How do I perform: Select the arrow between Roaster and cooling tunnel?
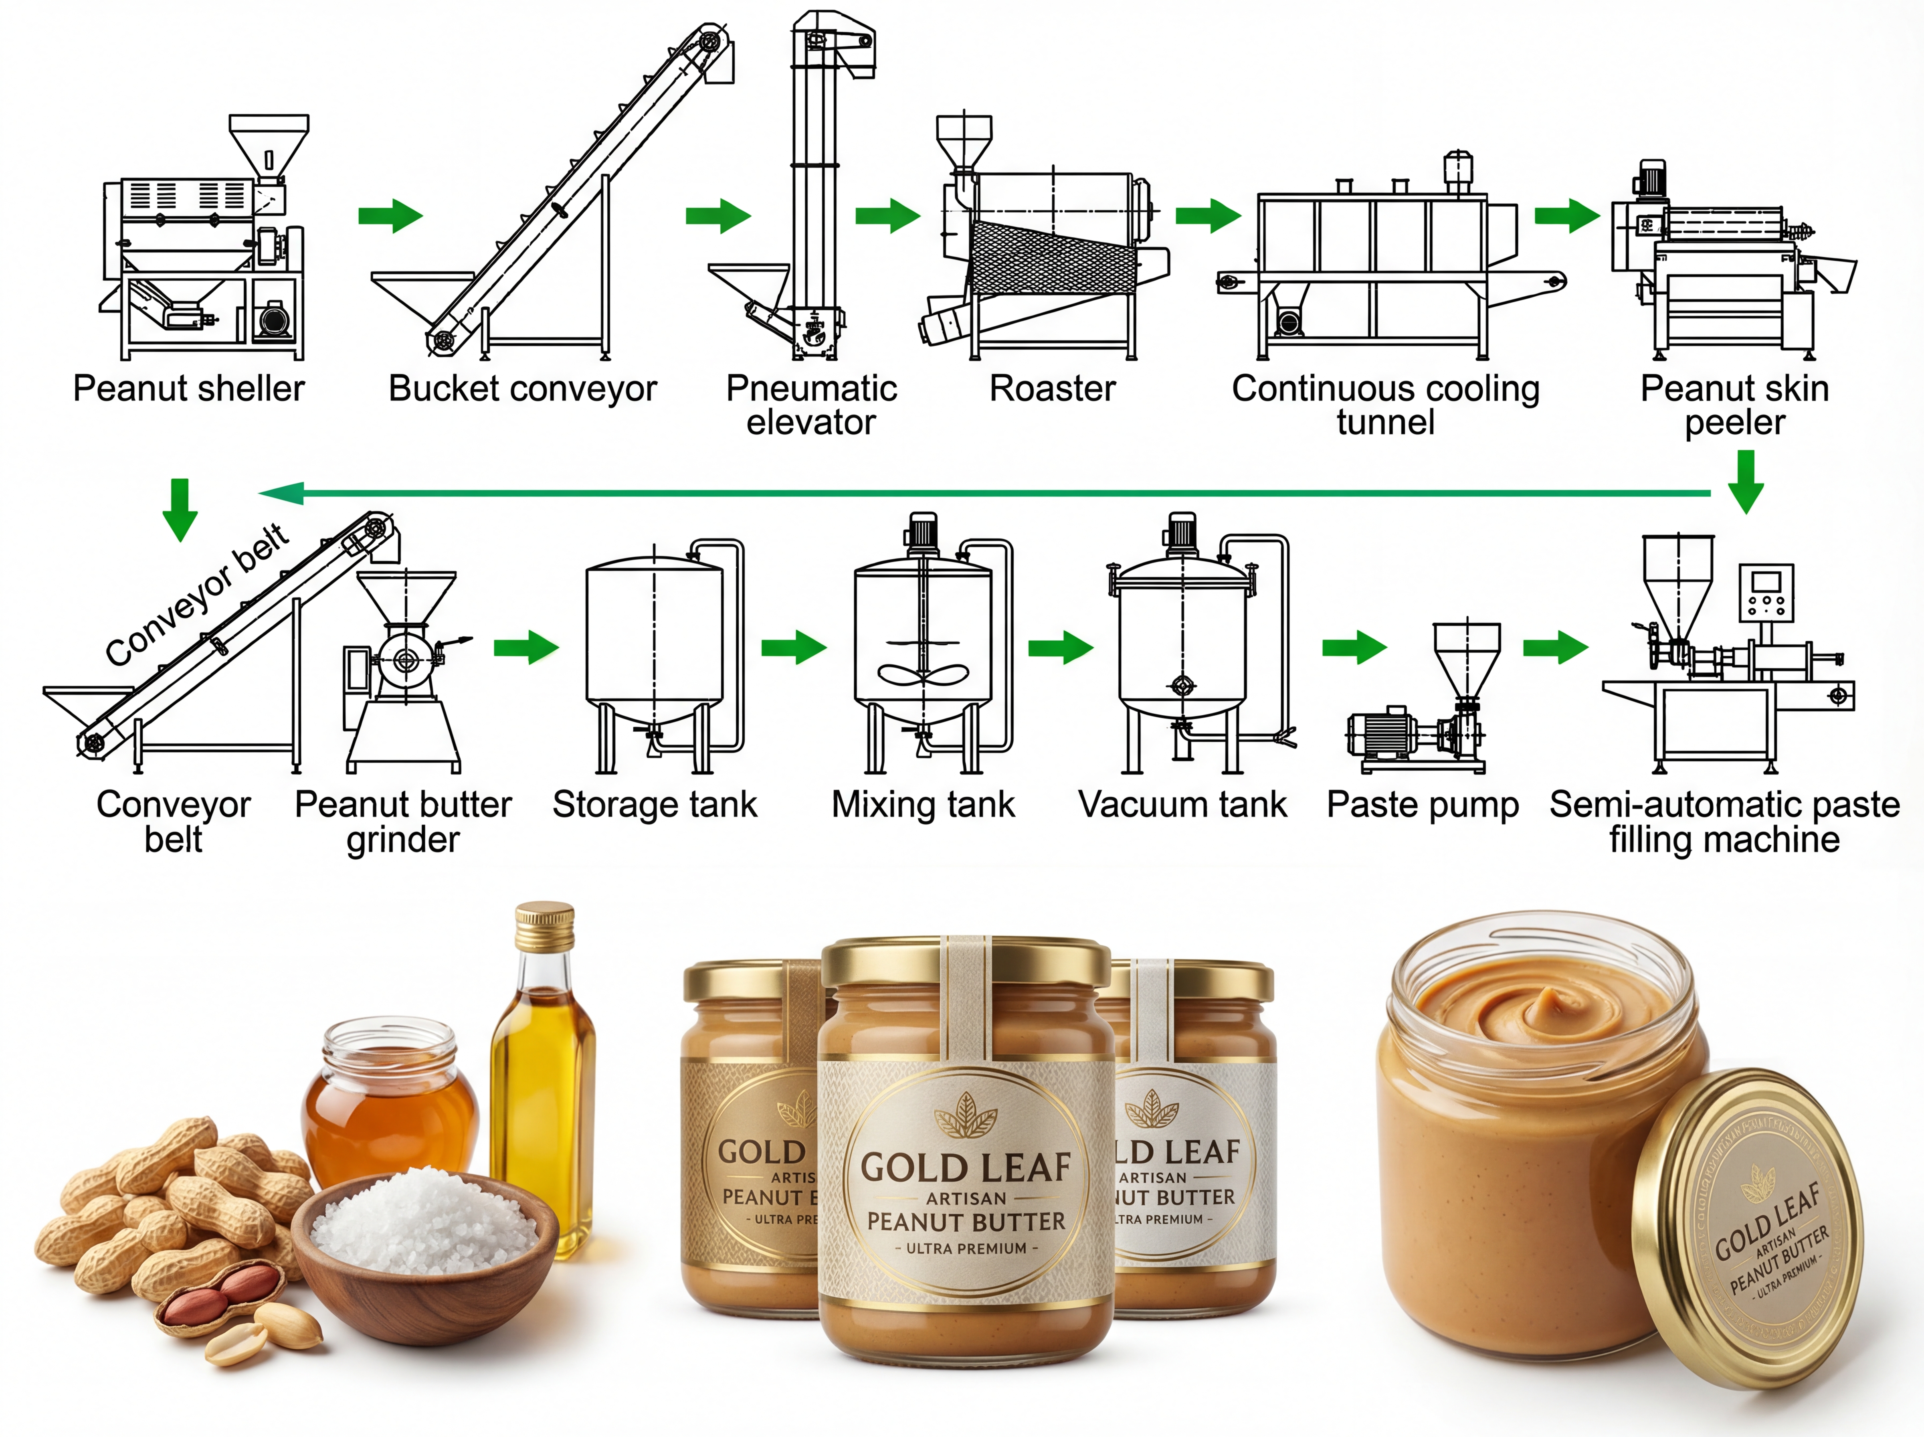(x=1207, y=216)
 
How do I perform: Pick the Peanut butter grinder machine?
(x=404, y=670)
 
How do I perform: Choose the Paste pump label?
(x=1422, y=805)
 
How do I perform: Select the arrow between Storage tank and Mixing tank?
(x=793, y=647)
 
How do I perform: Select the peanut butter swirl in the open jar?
(x=1543, y=1009)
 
